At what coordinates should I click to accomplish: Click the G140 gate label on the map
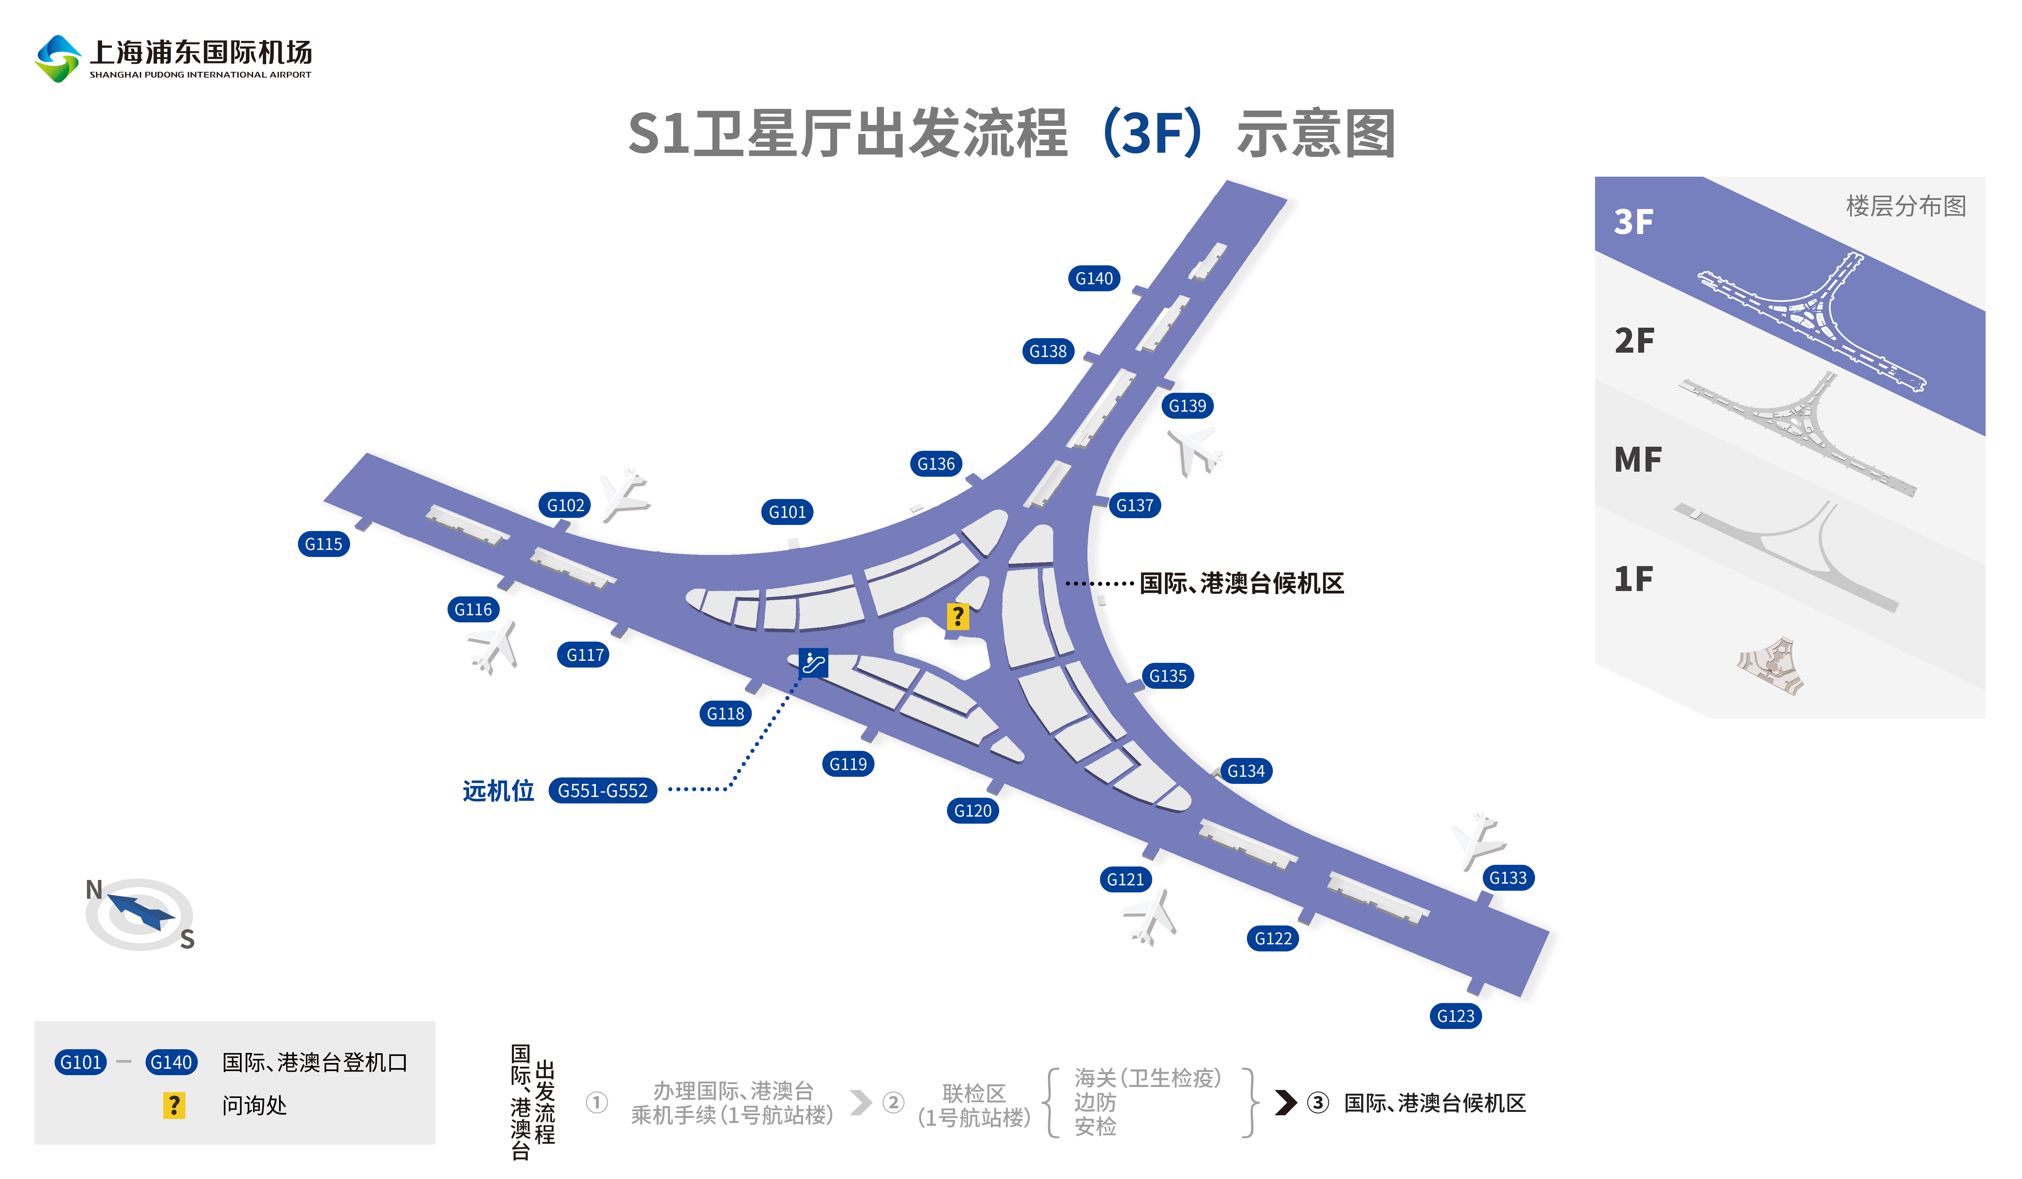coord(1094,278)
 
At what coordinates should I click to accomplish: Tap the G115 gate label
coord(324,544)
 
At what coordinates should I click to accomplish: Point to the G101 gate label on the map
coord(787,512)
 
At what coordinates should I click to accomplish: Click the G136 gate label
coord(936,464)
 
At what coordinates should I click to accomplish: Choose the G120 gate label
coord(973,810)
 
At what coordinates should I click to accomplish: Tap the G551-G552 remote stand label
coord(603,791)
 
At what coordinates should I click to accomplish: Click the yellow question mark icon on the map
coord(957,616)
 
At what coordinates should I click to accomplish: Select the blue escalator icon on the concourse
coord(813,663)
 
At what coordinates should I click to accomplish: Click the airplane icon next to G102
coord(624,495)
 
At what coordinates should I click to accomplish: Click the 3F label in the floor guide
coord(1634,222)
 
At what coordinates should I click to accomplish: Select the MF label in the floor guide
coord(1637,460)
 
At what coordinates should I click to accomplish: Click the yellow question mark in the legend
coord(173,1105)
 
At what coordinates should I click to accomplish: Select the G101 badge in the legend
coord(81,1062)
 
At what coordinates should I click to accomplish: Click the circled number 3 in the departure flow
coord(1318,1103)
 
